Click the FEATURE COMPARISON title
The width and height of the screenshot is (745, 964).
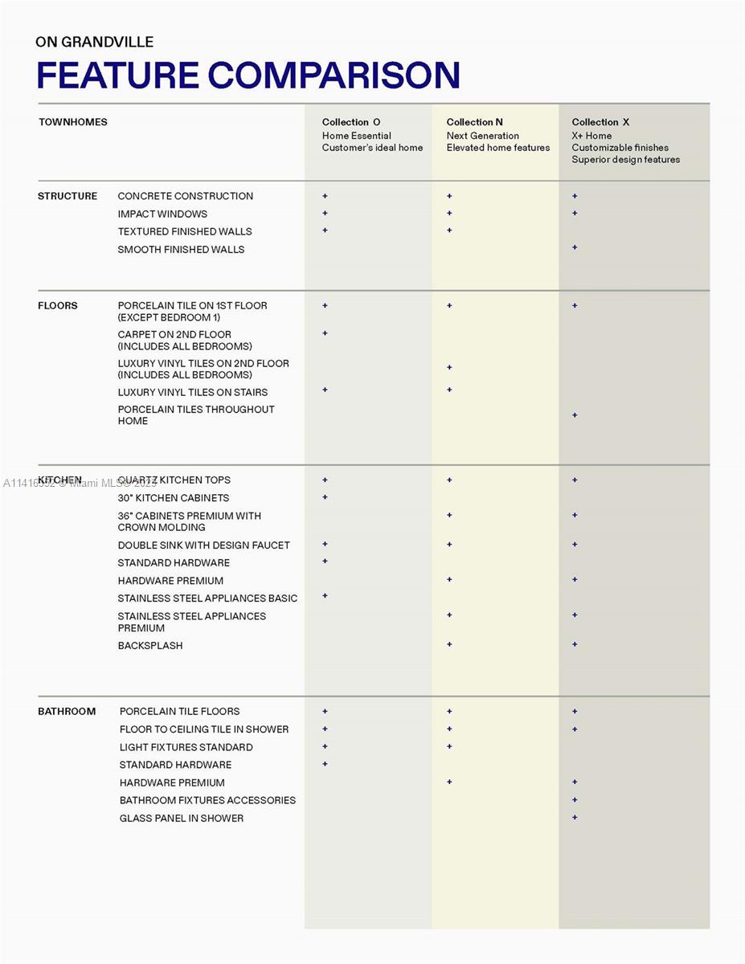[248, 76]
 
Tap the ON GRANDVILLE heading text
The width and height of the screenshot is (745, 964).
[95, 42]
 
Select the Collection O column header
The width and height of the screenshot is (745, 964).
[351, 122]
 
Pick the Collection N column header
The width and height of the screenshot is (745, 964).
[474, 122]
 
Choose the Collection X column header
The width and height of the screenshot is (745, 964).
[600, 122]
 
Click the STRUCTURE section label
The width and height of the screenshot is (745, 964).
[68, 196]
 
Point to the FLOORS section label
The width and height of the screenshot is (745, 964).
[58, 305]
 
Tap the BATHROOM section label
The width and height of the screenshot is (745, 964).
[67, 711]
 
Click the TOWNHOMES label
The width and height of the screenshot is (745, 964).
[73, 122]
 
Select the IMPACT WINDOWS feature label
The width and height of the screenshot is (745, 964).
[162, 214]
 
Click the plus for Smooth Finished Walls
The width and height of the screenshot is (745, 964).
[575, 247]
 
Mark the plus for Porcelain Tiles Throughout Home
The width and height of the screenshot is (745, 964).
[575, 415]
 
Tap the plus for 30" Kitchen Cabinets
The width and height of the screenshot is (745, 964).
[325, 497]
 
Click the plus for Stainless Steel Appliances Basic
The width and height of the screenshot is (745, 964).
[325, 596]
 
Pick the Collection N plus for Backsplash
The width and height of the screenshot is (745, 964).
[449, 644]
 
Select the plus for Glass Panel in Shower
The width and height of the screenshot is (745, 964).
[575, 817]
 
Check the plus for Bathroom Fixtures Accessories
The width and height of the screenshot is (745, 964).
[575, 799]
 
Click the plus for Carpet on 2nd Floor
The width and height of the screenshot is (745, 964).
[325, 333]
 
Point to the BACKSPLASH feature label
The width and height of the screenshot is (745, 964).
[150, 646]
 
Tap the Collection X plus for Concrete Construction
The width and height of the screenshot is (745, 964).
[575, 196]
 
